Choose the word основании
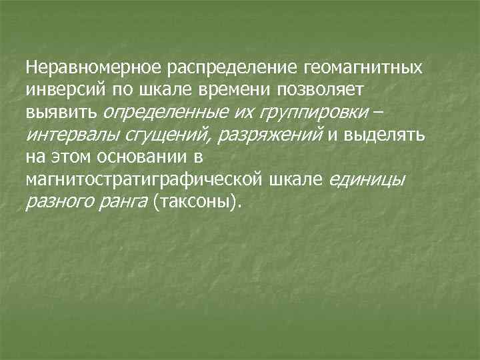[x=149, y=157]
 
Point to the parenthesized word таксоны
[x=195, y=201]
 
